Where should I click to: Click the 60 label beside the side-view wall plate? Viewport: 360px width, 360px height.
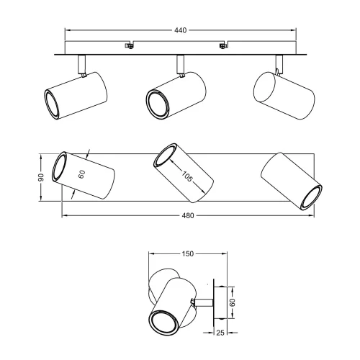[x=233, y=303]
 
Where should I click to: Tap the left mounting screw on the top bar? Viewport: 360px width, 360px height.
[x=130, y=47]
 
